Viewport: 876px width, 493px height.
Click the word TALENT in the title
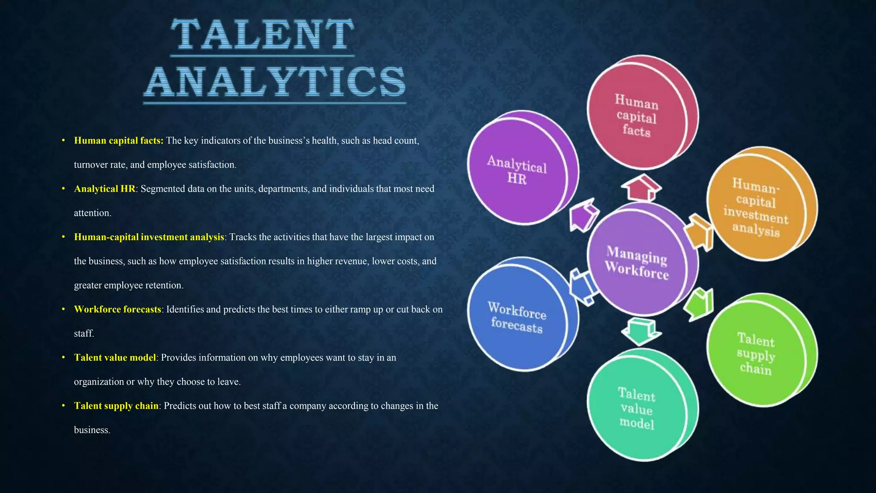click(x=262, y=35)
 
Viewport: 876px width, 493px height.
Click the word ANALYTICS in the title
click(x=275, y=82)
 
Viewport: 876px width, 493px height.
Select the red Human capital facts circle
click(x=637, y=114)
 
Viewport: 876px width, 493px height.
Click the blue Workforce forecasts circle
click(x=518, y=317)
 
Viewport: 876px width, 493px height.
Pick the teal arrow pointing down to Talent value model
click(x=640, y=330)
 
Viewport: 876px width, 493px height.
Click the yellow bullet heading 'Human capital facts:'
click(x=118, y=141)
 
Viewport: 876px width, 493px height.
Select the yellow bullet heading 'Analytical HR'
click(x=104, y=189)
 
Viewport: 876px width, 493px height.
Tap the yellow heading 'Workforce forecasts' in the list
click(x=117, y=309)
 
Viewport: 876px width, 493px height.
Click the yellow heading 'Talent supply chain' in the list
click(x=116, y=406)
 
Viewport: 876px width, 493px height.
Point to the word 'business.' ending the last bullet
click(x=92, y=430)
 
